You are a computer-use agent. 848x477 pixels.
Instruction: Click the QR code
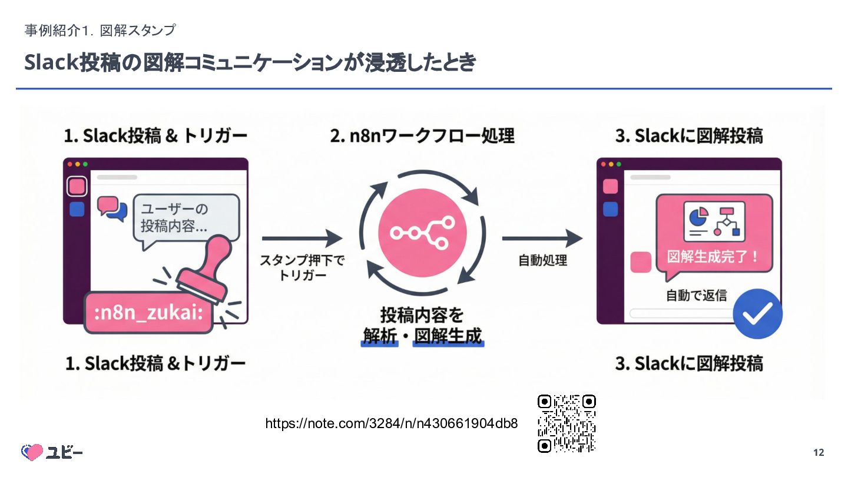pyautogui.click(x=567, y=423)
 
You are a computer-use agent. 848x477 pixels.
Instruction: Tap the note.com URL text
pyautogui.click(x=392, y=423)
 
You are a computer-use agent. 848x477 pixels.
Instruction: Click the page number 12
pyautogui.click(x=819, y=453)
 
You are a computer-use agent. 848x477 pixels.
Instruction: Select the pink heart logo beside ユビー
pyautogui.click(x=32, y=452)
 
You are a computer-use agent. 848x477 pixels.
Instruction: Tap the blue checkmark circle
pyautogui.click(x=757, y=314)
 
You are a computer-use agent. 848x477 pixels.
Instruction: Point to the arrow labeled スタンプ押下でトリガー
pyautogui.click(x=302, y=238)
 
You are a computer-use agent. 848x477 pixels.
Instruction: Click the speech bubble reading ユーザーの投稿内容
pyautogui.click(x=187, y=217)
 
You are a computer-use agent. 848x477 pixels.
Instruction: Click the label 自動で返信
pyautogui.click(x=696, y=296)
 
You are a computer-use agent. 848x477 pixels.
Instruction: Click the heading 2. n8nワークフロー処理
pyautogui.click(x=422, y=136)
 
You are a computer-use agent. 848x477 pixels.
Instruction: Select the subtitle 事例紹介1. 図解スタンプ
pyautogui.click(x=100, y=30)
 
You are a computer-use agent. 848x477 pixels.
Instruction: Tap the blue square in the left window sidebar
pyautogui.click(x=77, y=209)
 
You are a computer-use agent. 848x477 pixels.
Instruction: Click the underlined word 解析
pyautogui.click(x=379, y=336)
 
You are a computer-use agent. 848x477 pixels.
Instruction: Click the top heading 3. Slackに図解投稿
pyautogui.click(x=689, y=136)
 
